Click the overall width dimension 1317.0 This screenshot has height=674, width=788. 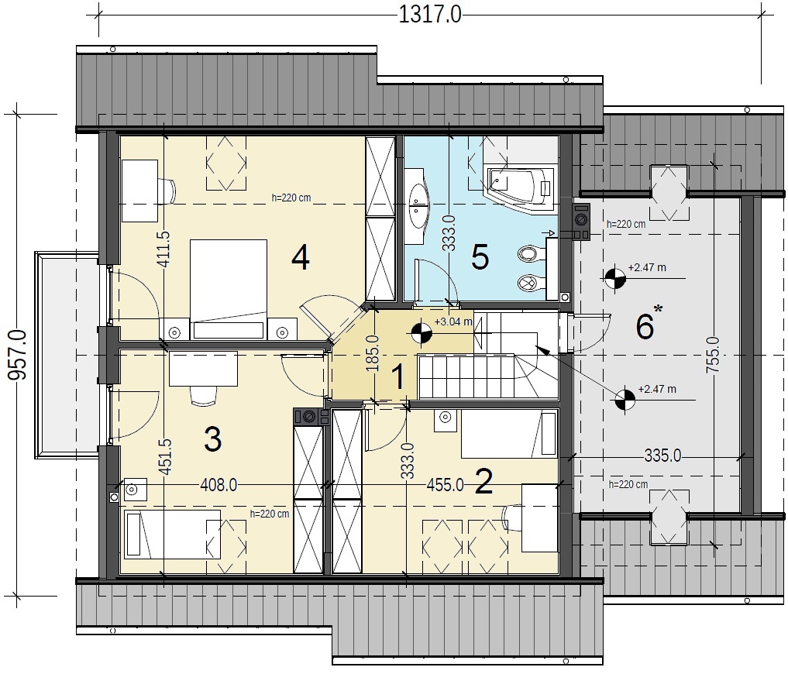click(430, 15)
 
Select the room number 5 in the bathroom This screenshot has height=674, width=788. click(480, 257)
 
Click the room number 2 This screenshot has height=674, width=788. click(483, 481)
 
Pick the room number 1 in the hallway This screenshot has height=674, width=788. click(398, 377)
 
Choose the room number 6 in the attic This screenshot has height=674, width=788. click(645, 326)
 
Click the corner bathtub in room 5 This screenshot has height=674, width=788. click(521, 188)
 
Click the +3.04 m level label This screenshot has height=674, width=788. click(453, 322)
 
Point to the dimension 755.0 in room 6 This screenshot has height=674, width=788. click(713, 355)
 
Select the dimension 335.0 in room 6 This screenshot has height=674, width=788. click(662, 456)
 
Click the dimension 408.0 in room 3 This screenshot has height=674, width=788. click(219, 485)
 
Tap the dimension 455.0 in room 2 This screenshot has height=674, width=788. click(446, 485)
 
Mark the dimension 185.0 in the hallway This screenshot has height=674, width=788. click(373, 353)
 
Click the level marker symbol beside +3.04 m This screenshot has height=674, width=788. click(422, 332)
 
